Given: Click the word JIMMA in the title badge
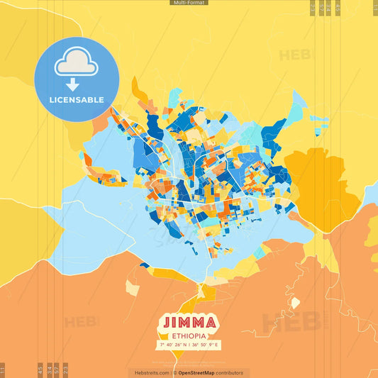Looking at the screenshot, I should (x=188, y=322).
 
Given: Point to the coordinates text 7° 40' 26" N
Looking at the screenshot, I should (x=174, y=345).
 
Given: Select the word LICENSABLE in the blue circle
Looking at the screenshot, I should (x=76, y=100).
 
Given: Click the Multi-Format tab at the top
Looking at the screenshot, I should (x=189, y=3).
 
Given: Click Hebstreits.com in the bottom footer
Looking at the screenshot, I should (x=150, y=372).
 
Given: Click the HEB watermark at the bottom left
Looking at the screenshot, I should (x=82, y=322).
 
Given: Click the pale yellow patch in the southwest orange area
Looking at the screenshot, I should (x=133, y=287).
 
